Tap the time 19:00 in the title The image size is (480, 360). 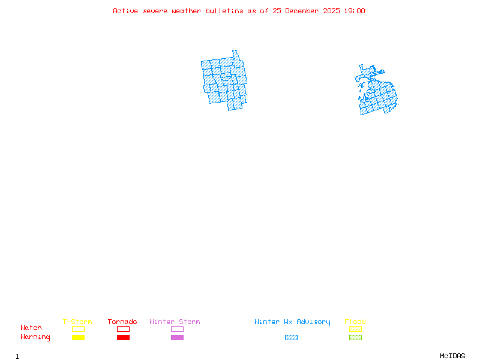pyautogui.click(x=354, y=11)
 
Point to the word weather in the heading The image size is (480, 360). pyautogui.click(x=186, y=11)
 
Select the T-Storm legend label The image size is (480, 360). pyautogui.click(x=77, y=322)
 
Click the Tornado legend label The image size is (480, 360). pyautogui.click(x=122, y=322)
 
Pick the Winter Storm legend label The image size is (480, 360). pyautogui.click(x=175, y=322)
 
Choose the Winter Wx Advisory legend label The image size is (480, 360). pyautogui.click(x=292, y=322)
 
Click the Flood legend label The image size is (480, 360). pyautogui.click(x=355, y=322)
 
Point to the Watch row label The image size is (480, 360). pyautogui.click(x=31, y=328)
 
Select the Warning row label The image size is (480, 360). pyautogui.click(x=35, y=337)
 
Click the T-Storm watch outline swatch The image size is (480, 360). pyautogui.click(x=78, y=329)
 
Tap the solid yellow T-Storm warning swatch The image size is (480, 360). pyautogui.click(x=78, y=338)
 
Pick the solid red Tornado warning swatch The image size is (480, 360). pyautogui.click(x=123, y=338)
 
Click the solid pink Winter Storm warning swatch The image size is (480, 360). pyautogui.click(x=177, y=338)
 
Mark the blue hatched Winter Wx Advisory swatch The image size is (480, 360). pyautogui.click(x=291, y=338)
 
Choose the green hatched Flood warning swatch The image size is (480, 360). pyautogui.click(x=355, y=338)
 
